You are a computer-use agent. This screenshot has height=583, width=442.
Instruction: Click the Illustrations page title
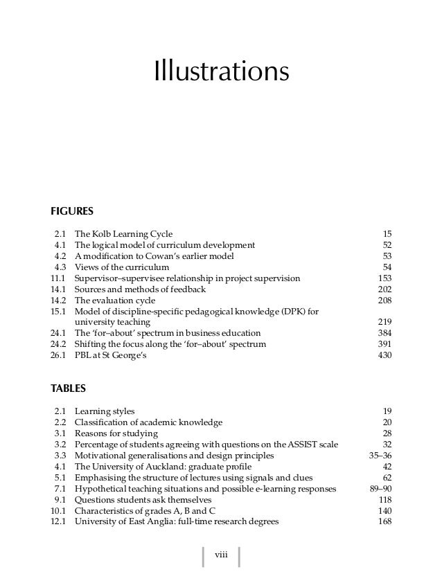(221, 71)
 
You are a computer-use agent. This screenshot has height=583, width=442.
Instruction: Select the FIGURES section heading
(72, 211)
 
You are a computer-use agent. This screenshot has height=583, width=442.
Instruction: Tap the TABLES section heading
(68, 389)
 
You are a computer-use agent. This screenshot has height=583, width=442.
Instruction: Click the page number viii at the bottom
(221, 555)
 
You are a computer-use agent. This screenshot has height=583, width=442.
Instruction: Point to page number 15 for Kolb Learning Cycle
(387, 234)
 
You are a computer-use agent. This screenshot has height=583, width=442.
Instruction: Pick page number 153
(384, 278)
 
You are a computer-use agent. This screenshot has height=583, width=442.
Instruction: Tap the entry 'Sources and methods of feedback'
(140, 289)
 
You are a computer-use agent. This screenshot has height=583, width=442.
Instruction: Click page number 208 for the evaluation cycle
(384, 301)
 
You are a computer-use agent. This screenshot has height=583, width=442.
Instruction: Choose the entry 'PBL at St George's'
(111, 355)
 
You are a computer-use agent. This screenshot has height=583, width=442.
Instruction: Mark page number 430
(384, 355)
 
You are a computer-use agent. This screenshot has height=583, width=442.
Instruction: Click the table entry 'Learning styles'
(105, 411)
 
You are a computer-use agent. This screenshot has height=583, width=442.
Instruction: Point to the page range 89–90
(380, 489)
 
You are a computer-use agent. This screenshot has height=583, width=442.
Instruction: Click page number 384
(384, 333)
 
